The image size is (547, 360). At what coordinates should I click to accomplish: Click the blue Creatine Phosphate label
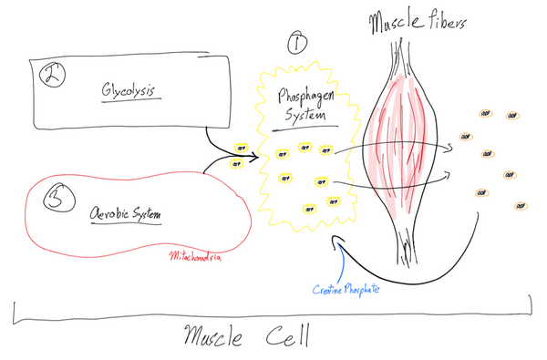347,289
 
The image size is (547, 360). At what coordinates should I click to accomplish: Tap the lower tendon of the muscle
402,242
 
